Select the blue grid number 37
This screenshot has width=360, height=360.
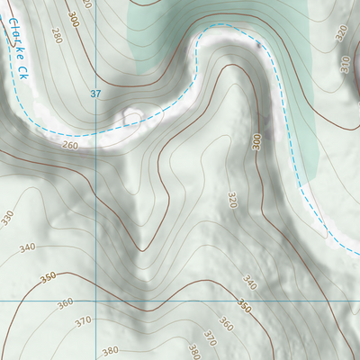point(96,94)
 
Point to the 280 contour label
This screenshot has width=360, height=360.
point(58,35)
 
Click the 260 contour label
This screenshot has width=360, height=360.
point(70,145)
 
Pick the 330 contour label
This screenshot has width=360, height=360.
point(7,217)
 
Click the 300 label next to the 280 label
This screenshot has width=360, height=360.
point(72,19)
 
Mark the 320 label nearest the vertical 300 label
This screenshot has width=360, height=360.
point(231,200)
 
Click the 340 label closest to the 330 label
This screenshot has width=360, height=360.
point(27,247)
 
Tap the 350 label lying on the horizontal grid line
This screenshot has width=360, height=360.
point(243,304)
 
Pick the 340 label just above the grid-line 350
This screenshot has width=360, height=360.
point(250,284)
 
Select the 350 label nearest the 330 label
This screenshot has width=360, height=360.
point(49,279)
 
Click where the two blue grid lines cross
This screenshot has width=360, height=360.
point(96,300)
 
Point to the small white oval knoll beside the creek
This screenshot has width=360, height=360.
point(133,118)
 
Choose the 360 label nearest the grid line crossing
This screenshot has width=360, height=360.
point(66,304)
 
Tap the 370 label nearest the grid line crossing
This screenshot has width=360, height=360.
point(84,321)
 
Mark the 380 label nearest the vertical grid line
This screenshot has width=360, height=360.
point(111,351)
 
